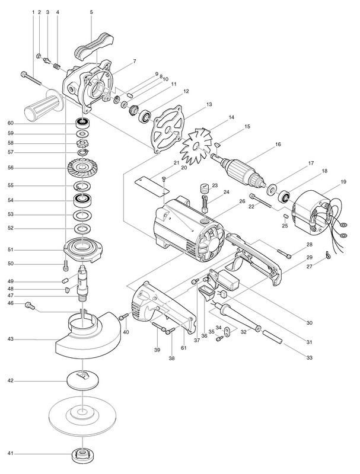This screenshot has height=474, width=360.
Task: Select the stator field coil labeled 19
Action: tap(314, 208)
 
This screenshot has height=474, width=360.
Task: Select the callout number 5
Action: tap(91, 11)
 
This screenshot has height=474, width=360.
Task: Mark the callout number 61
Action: tap(184, 348)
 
